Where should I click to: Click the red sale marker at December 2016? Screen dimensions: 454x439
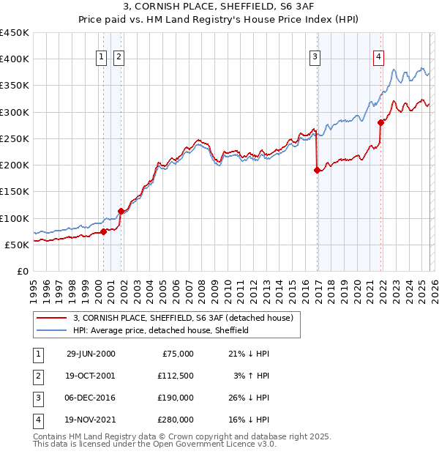tap(317, 171)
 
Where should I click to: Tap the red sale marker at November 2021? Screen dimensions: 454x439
tap(381, 123)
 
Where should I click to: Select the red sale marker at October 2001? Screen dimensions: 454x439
tap(121, 212)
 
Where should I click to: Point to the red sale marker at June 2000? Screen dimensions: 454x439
tap(104, 231)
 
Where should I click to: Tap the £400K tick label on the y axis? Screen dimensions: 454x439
tap(15, 59)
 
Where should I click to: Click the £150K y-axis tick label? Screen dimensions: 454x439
tap(15, 192)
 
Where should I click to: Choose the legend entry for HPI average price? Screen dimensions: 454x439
tap(161, 330)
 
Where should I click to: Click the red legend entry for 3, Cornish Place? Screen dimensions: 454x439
tap(182, 318)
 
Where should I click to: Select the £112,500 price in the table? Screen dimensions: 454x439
tap(176, 375)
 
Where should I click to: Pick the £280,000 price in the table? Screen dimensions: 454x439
tap(176, 420)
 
